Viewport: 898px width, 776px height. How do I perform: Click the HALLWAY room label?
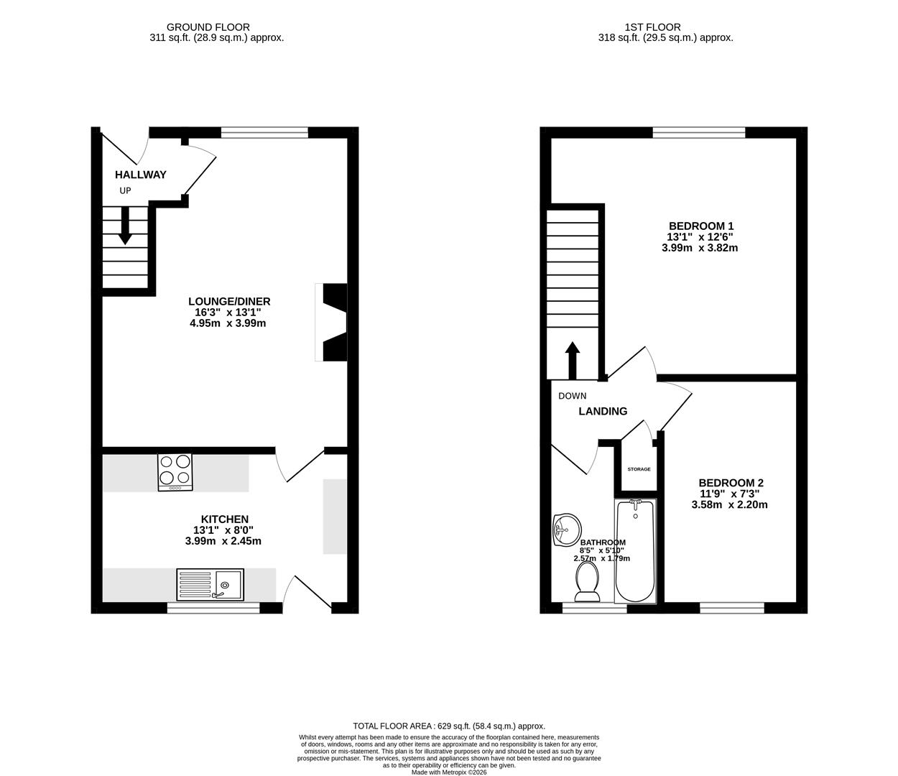[x=141, y=175]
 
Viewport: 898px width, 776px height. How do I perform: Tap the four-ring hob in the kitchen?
[x=175, y=472]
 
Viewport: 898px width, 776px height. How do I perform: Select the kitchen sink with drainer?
[x=210, y=584]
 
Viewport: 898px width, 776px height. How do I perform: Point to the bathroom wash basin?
[x=565, y=530]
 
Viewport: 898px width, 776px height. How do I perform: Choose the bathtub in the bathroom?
[x=635, y=550]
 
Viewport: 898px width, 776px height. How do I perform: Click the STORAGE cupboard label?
[x=639, y=469]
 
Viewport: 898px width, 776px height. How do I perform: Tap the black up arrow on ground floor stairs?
[x=125, y=226]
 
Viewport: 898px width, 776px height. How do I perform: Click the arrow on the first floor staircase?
[x=573, y=359]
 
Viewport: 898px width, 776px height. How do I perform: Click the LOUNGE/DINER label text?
[x=229, y=302]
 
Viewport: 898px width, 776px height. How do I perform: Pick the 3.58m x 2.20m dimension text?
[x=729, y=504]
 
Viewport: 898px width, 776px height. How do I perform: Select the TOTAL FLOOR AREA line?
[x=449, y=726]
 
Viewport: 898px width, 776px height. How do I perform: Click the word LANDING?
[x=603, y=412]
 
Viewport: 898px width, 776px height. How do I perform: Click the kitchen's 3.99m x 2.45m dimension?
[x=223, y=541]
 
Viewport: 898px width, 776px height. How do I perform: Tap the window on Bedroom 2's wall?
[x=731, y=608]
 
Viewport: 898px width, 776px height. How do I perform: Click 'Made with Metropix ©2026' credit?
[x=449, y=772]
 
